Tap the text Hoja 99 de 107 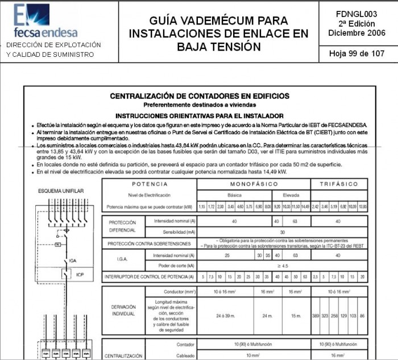[x=356, y=53]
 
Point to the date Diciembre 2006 [x=356, y=33]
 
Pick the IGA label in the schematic [x=72, y=260]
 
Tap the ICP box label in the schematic [x=80, y=275]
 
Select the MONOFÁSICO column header [x=254, y=184]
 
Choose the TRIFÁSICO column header [x=339, y=184]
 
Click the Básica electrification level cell [x=234, y=195]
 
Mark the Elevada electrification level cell [x=291, y=195]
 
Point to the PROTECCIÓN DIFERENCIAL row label [x=123, y=226]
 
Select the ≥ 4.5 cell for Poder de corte [x=282, y=266]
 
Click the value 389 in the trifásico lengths [x=317, y=315]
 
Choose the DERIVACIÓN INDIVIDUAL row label [x=123, y=310]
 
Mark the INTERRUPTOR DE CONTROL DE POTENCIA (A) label [x=149, y=277]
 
